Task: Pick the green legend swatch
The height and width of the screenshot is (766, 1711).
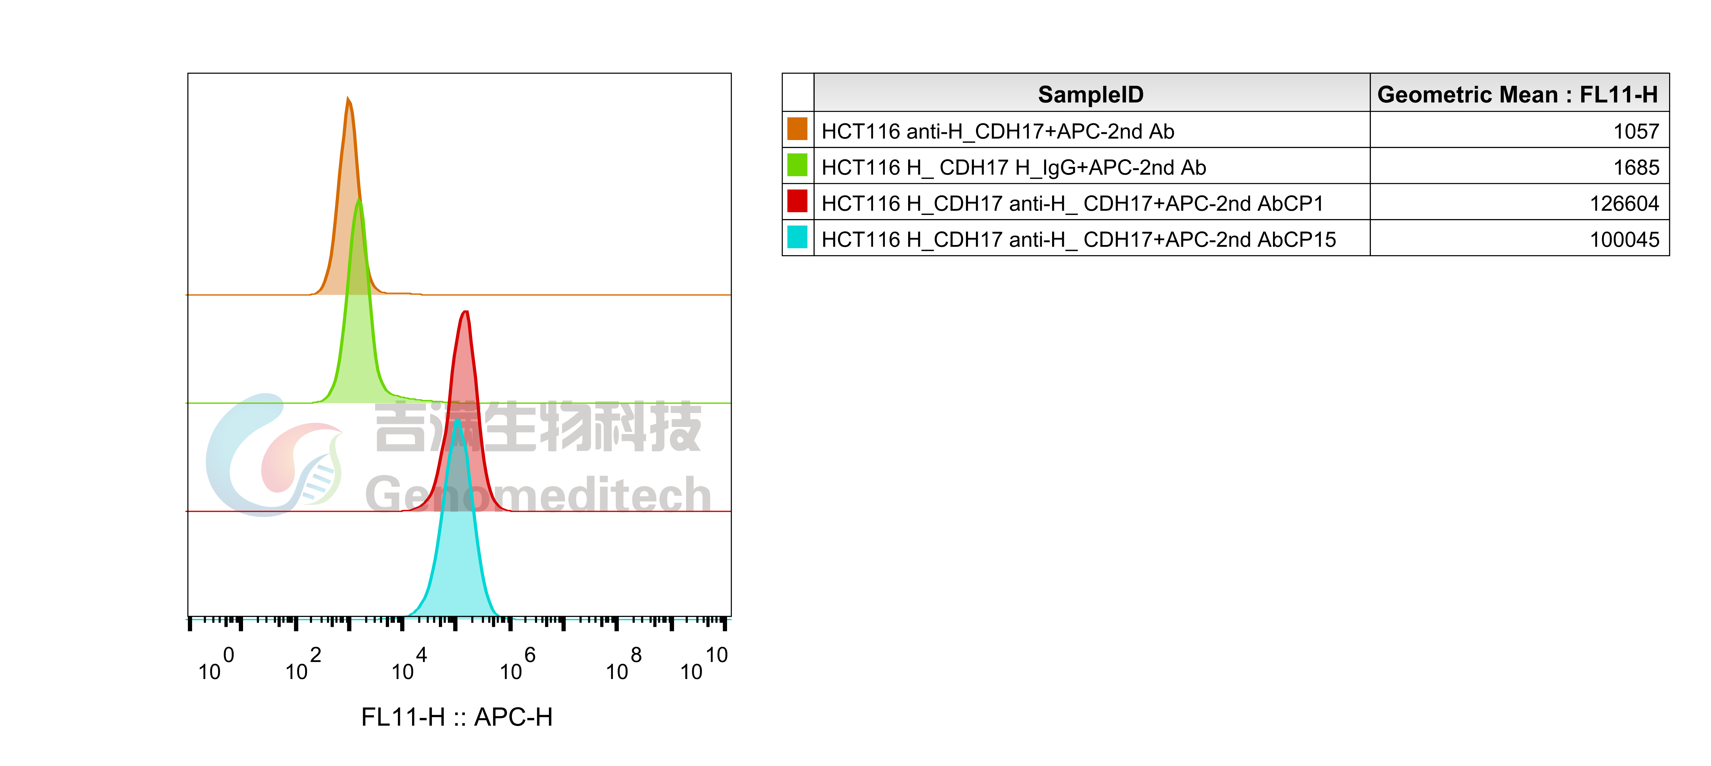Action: coord(797,165)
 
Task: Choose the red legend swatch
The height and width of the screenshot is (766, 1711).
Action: coord(797,200)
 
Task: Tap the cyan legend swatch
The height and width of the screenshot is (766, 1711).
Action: coord(797,237)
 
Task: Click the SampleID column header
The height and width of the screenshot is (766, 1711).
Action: coord(1091,94)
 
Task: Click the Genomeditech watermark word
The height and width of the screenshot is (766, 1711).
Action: coord(538,494)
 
